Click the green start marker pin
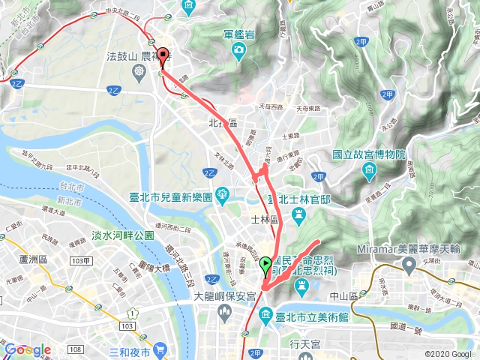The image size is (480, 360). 265,265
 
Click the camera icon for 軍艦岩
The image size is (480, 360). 238,51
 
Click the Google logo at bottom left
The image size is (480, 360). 27,349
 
